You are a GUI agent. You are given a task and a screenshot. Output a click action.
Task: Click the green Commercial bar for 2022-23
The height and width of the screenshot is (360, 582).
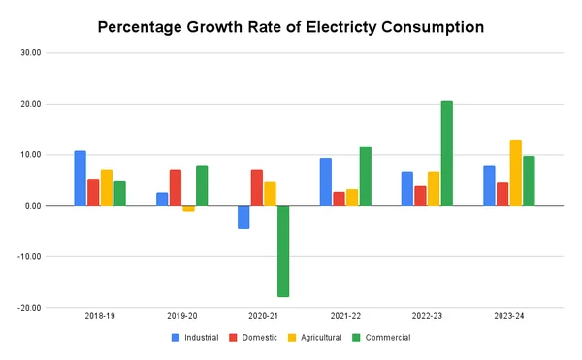(x=446, y=153)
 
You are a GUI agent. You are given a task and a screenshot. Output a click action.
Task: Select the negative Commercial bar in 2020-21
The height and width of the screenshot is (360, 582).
(x=283, y=251)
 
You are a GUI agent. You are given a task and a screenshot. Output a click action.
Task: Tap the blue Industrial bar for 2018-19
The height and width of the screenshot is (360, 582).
(x=80, y=179)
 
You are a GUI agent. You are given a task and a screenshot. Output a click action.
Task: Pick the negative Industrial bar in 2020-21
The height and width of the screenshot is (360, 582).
(x=243, y=216)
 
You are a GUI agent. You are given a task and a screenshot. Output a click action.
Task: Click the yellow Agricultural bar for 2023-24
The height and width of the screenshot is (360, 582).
(x=515, y=173)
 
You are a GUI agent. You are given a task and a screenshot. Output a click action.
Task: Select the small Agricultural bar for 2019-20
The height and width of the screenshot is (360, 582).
(x=188, y=208)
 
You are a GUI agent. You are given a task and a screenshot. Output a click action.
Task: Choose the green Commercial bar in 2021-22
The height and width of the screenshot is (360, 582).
(x=365, y=176)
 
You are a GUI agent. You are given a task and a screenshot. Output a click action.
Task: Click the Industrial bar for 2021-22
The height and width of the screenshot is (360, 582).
(x=325, y=181)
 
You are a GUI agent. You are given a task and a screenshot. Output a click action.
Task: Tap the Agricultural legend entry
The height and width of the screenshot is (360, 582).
(x=324, y=338)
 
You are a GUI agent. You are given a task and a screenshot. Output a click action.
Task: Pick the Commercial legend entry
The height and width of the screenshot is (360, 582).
(x=389, y=338)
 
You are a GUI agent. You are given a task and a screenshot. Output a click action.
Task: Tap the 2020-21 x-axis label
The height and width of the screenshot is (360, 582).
(x=264, y=317)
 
